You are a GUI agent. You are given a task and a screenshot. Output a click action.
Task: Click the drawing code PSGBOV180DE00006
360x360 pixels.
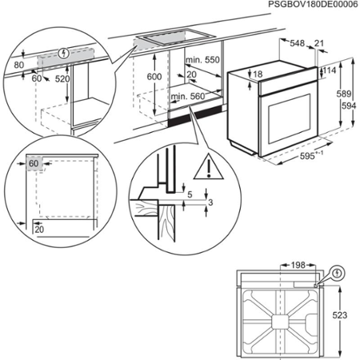pyautogui.click(x=302, y=6)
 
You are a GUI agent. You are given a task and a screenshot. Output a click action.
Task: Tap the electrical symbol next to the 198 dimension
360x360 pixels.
pyautogui.click(x=337, y=272)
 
